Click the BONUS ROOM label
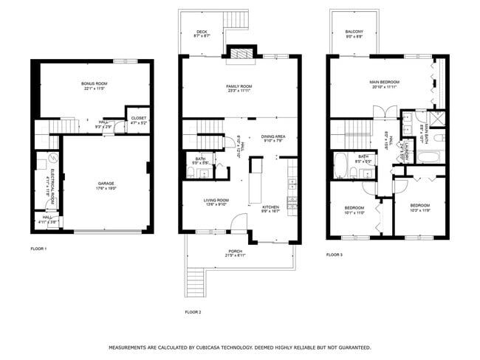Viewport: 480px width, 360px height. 94,86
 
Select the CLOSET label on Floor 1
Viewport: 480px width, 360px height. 139,120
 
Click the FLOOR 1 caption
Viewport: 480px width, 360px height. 38,249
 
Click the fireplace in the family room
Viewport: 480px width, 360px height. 240,52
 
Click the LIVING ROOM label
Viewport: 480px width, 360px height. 216,201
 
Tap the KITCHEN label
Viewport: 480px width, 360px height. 271,209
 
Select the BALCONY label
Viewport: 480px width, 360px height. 354,32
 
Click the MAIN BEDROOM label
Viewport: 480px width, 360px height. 384,84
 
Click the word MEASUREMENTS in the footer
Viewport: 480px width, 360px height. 133,347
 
